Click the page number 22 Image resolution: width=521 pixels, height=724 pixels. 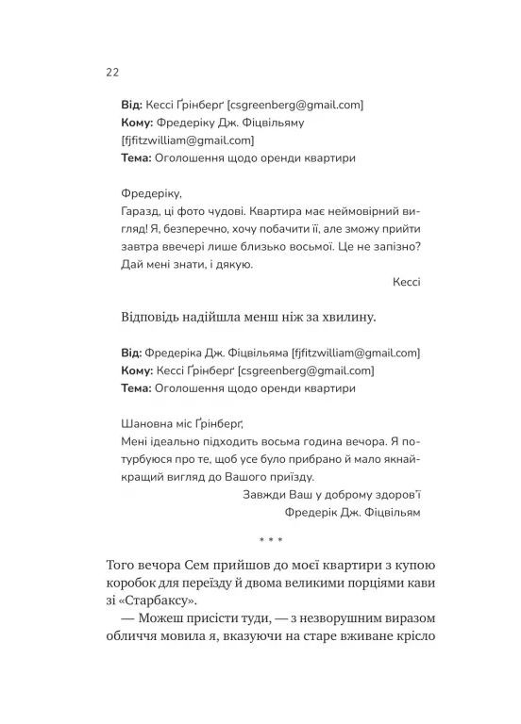click(110, 73)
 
